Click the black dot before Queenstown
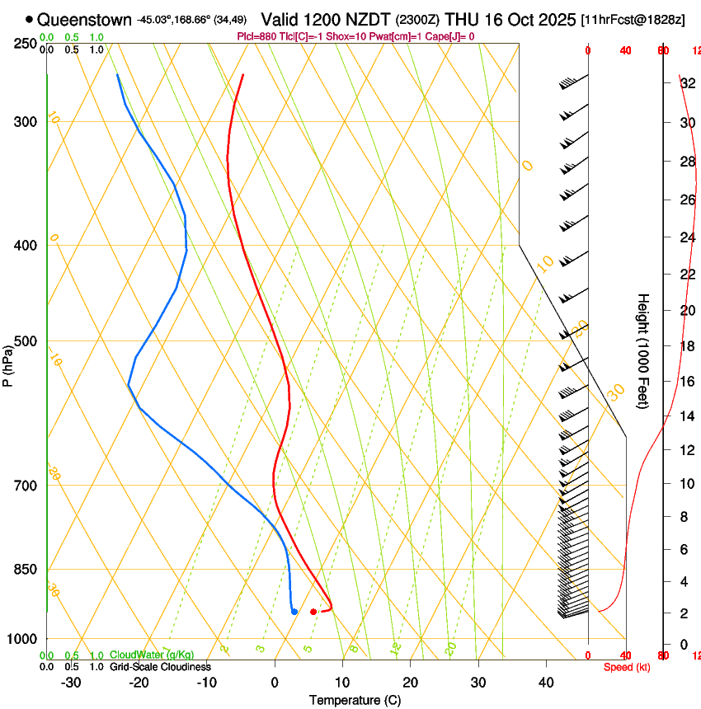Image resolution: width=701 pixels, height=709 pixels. coord(30,19)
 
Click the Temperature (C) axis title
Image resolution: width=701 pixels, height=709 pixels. coord(355,700)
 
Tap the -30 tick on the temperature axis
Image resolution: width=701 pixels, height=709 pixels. coord(71,683)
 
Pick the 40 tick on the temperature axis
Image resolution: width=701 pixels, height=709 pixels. coord(546,683)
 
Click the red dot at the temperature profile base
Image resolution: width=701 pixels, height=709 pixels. coord(313,612)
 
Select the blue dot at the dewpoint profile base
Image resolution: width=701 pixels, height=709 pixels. coord(294,611)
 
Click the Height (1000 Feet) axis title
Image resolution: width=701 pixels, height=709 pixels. coord(643,351)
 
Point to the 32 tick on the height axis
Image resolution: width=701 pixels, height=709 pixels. coord(686,83)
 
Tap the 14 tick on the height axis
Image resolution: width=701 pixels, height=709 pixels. coord(686,416)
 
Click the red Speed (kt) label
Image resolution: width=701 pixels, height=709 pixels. coord(627,667)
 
